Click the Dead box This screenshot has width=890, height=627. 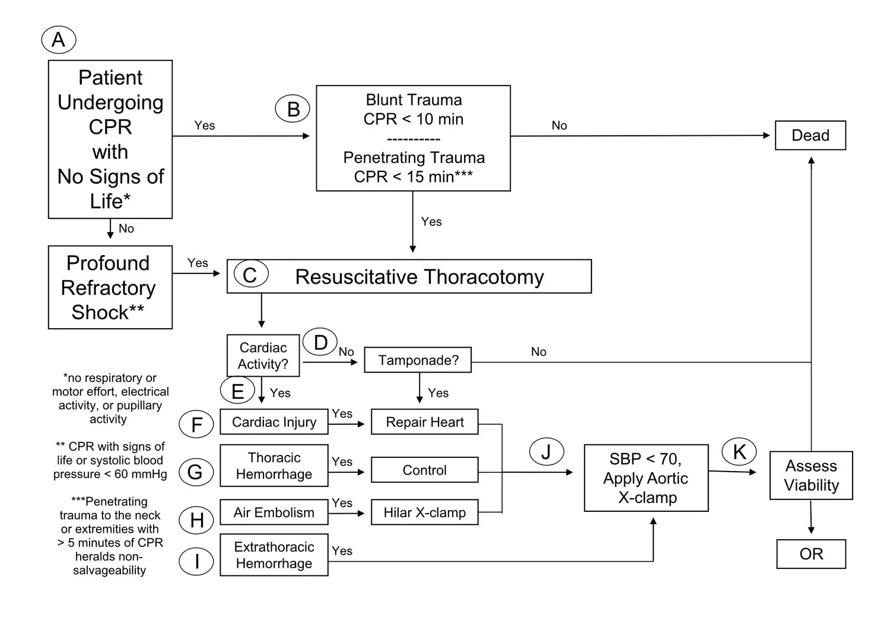coord(810,135)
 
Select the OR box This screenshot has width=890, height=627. coord(811,554)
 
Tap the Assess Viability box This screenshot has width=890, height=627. coord(811,475)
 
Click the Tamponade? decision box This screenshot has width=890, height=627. coord(418,360)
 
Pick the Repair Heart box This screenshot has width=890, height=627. coord(424,422)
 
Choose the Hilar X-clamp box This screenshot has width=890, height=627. coord(424,513)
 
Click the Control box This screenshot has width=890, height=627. coord(424,470)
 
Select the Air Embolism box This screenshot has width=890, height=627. coord(274,513)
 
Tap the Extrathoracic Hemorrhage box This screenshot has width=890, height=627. coord(274,555)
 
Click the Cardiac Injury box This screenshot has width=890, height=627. coord(274,422)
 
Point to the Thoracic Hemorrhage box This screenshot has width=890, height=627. coord(274,466)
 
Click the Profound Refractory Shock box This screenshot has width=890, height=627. coord(110,287)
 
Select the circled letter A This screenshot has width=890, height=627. coord(59,40)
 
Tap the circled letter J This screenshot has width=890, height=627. coord(546,451)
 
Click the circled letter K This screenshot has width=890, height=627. coord(739,451)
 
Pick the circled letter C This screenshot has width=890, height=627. coord(250,275)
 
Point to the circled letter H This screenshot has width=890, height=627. coord(196,520)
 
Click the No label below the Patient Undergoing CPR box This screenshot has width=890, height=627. coord(126,228)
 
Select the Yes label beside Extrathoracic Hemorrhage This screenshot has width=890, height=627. coord(342,550)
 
